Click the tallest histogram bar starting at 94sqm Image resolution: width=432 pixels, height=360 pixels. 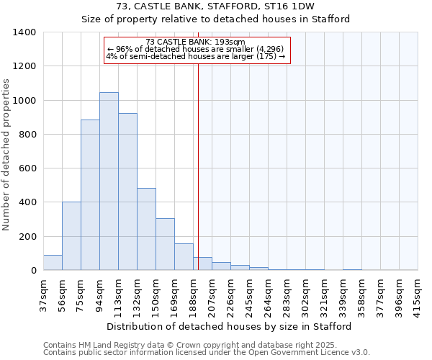109,181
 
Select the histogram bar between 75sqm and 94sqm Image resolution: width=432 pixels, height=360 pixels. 90,195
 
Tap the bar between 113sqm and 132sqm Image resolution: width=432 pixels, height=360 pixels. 127,192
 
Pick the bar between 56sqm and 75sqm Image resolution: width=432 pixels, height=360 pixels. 71,236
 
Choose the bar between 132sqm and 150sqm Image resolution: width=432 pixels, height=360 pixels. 146,229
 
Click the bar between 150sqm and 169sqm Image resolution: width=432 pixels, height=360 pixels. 165,244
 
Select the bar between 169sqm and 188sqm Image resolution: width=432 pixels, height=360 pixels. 184,257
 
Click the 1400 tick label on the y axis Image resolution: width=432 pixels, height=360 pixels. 24,32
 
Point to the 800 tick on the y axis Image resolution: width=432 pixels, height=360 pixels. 27,135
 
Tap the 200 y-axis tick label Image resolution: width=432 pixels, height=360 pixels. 27,237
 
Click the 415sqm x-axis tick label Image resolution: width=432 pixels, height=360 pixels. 418,294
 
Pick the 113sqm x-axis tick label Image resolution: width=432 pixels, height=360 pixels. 118,294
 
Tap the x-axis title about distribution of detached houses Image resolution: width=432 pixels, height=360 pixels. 229,326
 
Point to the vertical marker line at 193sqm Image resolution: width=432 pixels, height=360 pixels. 198,166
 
